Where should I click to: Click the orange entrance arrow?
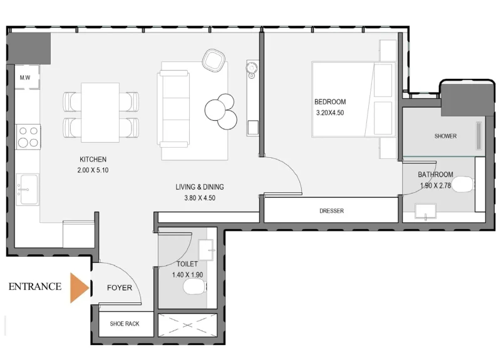click(78, 288)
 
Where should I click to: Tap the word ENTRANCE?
click(35, 287)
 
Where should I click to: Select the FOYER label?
click(119, 288)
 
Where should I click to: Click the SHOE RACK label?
click(124, 324)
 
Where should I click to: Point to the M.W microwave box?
click(26, 78)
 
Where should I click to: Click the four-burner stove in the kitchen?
click(28, 136)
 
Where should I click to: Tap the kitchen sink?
click(28, 188)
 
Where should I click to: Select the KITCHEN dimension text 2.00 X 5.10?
click(93, 170)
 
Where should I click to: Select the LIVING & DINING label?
click(200, 187)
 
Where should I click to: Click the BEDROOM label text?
click(329, 102)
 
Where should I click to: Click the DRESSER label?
click(331, 211)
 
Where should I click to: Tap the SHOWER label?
click(445, 136)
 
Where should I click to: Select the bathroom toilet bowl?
click(462, 185)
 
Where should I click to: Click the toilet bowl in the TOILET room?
click(195, 288)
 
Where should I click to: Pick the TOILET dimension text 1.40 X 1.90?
click(187, 274)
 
